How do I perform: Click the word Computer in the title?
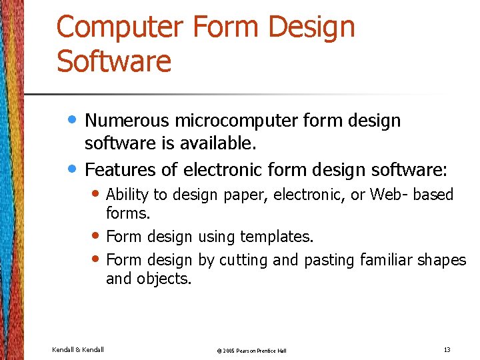point(120,28)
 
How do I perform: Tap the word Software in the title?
point(114,61)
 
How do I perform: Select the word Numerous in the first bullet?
point(127,121)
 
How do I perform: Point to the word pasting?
point(329,260)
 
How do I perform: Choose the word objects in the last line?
point(163,279)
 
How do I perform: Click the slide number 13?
point(447,349)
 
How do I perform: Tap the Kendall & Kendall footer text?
point(78,349)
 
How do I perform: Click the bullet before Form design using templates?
point(97,235)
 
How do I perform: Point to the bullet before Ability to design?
point(97,194)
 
